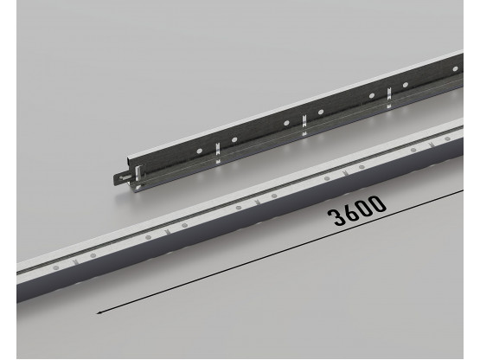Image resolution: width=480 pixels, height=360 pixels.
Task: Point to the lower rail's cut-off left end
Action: pos(19,291)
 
